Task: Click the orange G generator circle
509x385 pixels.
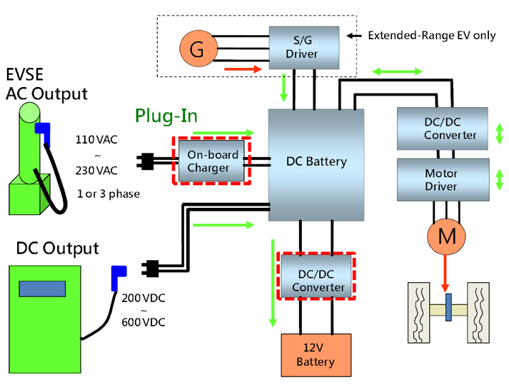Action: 197,49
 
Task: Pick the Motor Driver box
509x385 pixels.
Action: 442,179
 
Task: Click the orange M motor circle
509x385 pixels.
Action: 446,236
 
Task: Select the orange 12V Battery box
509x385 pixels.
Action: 316,354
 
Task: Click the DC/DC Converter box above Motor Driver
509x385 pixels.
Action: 442,128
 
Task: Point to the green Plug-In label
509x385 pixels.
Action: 166,116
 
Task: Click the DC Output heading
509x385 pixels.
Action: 57,249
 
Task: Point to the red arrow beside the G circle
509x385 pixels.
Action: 239,69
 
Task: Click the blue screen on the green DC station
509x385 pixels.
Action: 42,288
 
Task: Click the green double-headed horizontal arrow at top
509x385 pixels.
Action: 397,71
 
